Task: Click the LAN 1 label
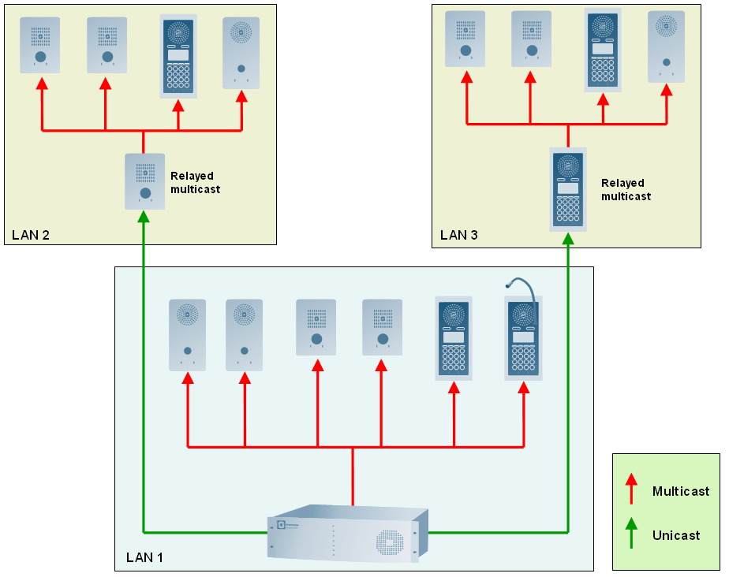click(x=144, y=558)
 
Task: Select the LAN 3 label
click(x=459, y=235)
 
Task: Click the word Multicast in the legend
click(x=681, y=492)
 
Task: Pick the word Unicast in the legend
click(x=676, y=535)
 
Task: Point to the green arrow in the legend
click(x=630, y=533)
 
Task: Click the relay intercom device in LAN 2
click(x=144, y=181)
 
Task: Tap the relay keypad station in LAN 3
click(x=568, y=189)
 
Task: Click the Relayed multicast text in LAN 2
click(x=195, y=183)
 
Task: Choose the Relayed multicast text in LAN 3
click(x=626, y=189)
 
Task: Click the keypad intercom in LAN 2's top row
click(x=178, y=57)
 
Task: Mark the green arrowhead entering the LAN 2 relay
click(x=144, y=216)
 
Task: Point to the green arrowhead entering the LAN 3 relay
click(x=568, y=238)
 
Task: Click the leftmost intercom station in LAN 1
click(x=187, y=335)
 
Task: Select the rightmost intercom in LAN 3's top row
click(x=667, y=47)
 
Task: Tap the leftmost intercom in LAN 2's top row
click(x=39, y=46)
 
